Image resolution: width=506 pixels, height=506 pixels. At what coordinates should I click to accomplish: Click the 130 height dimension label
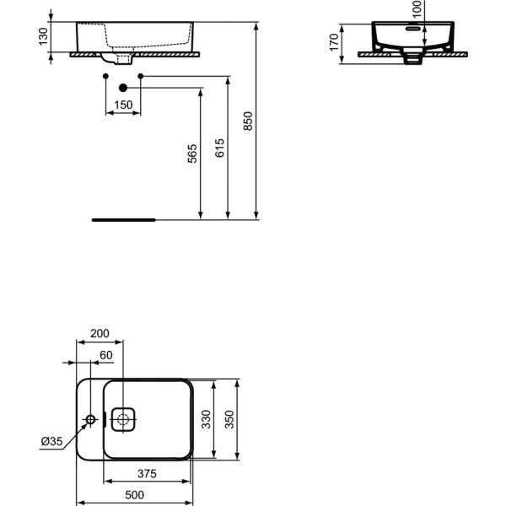tap(43, 37)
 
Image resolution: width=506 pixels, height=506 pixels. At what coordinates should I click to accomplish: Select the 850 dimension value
tap(247, 121)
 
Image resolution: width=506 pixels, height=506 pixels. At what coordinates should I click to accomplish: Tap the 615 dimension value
tap(220, 148)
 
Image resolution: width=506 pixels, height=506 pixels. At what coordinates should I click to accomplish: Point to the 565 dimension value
tap(191, 153)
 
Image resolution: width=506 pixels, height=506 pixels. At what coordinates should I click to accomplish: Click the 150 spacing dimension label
tap(123, 105)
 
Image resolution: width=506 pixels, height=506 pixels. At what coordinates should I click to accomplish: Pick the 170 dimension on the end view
tap(335, 41)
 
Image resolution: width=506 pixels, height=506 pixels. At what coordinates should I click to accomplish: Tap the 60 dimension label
tap(106, 356)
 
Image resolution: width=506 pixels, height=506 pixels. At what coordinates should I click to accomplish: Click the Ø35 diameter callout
tap(52, 441)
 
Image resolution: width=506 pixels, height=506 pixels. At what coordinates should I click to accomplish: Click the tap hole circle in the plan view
tap(92, 419)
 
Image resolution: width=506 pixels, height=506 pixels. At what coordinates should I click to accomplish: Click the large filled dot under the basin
tap(123, 88)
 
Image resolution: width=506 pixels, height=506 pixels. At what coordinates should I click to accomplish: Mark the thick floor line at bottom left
tap(123, 219)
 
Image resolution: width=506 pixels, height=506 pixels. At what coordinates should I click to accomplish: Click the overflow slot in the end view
tap(412, 27)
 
